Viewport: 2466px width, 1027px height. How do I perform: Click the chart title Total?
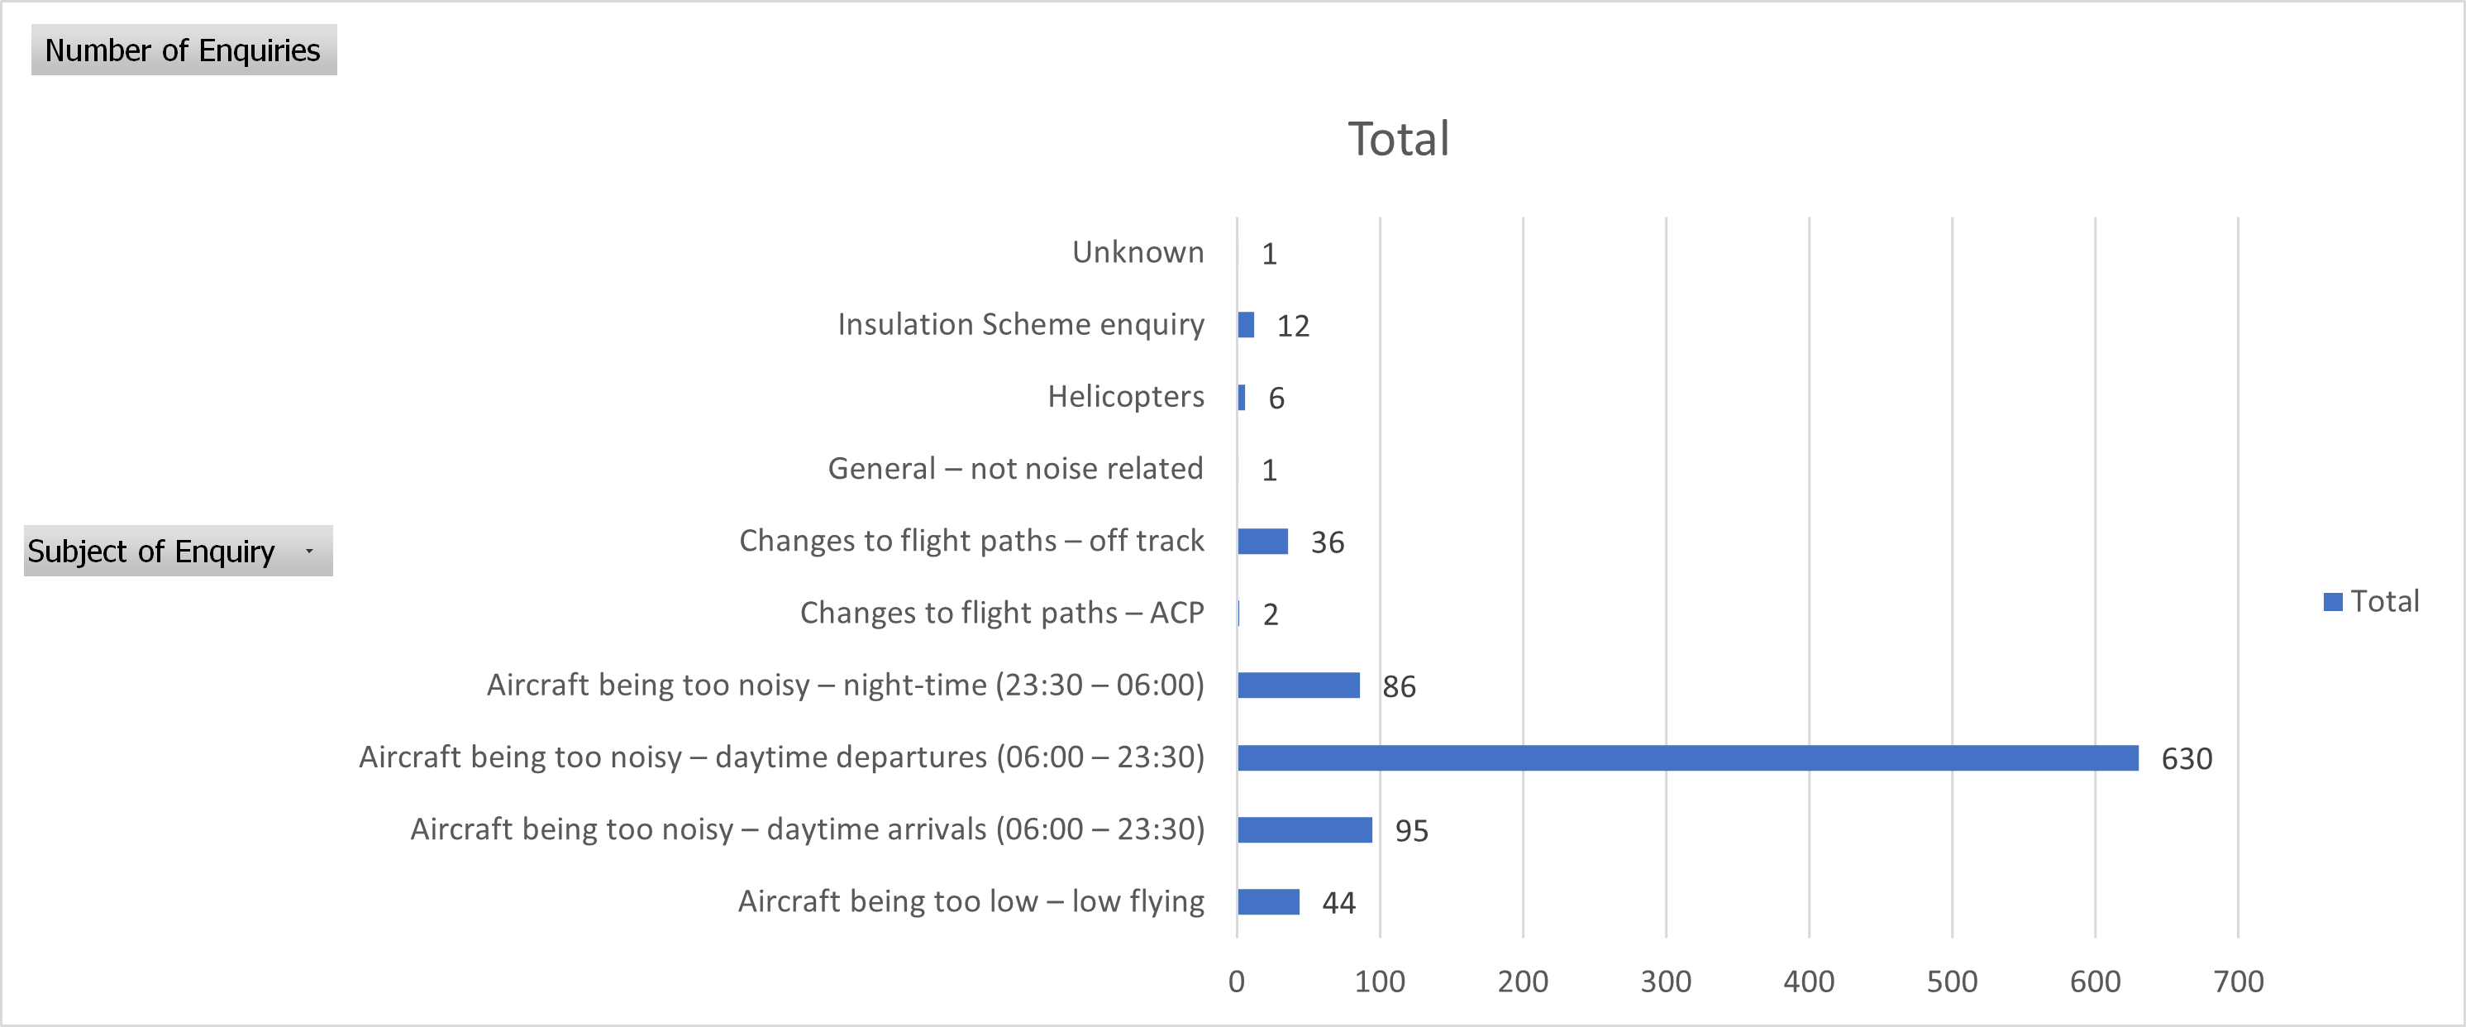[x=1398, y=140]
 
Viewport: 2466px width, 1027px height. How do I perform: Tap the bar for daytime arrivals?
[x=1304, y=830]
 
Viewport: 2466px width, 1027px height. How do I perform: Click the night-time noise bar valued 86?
[x=1298, y=685]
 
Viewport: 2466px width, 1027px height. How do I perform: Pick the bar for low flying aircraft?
[x=1268, y=901]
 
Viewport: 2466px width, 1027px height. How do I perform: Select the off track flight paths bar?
[x=1262, y=542]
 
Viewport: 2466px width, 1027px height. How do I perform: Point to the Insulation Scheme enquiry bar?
[x=1246, y=326]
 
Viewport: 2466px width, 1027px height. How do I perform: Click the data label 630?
[x=2187, y=759]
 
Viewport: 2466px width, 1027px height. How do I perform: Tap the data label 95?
[x=1411, y=831]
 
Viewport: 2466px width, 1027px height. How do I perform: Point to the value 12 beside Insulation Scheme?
[x=1292, y=327]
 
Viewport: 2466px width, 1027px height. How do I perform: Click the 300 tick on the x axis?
[x=1666, y=981]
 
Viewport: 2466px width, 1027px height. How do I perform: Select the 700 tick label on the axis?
[x=2238, y=981]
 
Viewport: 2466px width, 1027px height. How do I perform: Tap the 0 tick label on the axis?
[x=1237, y=981]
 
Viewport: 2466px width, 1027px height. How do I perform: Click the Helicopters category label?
[x=1126, y=396]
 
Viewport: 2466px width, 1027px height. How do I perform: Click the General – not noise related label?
[x=1016, y=468]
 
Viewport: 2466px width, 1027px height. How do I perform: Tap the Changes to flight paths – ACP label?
[x=1001, y=613]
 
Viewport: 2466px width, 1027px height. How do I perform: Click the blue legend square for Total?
[x=2333, y=601]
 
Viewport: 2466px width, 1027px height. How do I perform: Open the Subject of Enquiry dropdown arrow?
[x=309, y=552]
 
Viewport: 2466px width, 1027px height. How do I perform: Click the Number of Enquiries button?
[x=183, y=50]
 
